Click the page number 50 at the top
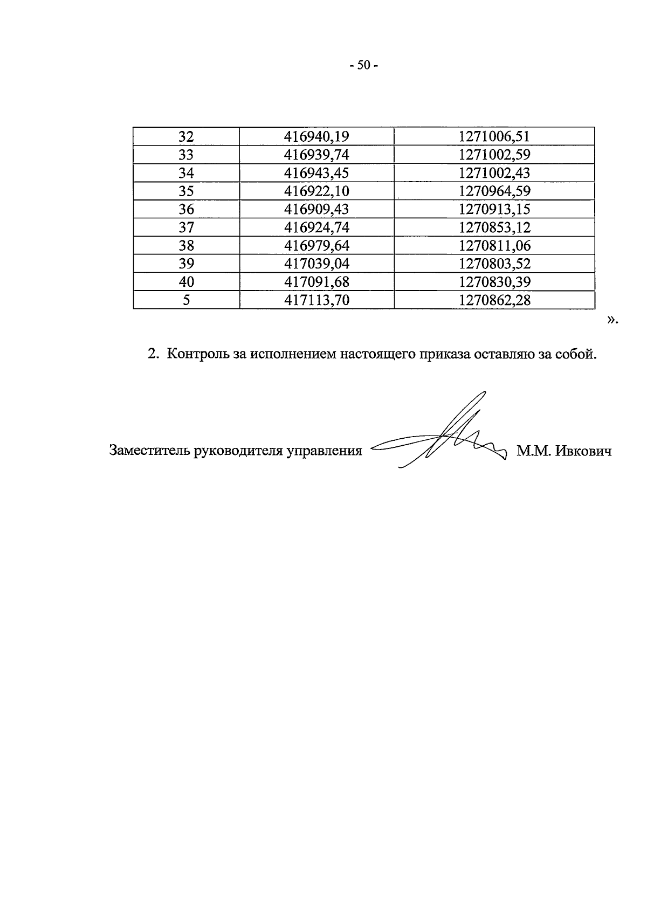[x=364, y=66]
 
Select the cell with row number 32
[x=186, y=136]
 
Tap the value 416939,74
[x=316, y=155]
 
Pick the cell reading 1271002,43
[x=494, y=173]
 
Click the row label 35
[x=186, y=191]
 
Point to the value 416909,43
[x=316, y=209]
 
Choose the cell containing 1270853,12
[x=494, y=227]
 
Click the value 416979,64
[x=316, y=246]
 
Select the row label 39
[x=186, y=264]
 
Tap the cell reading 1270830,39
[x=494, y=282]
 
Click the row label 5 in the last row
[x=186, y=300]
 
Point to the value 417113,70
[x=316, y=300]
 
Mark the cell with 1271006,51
[x=494, y=136]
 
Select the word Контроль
[x=198, y=354]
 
